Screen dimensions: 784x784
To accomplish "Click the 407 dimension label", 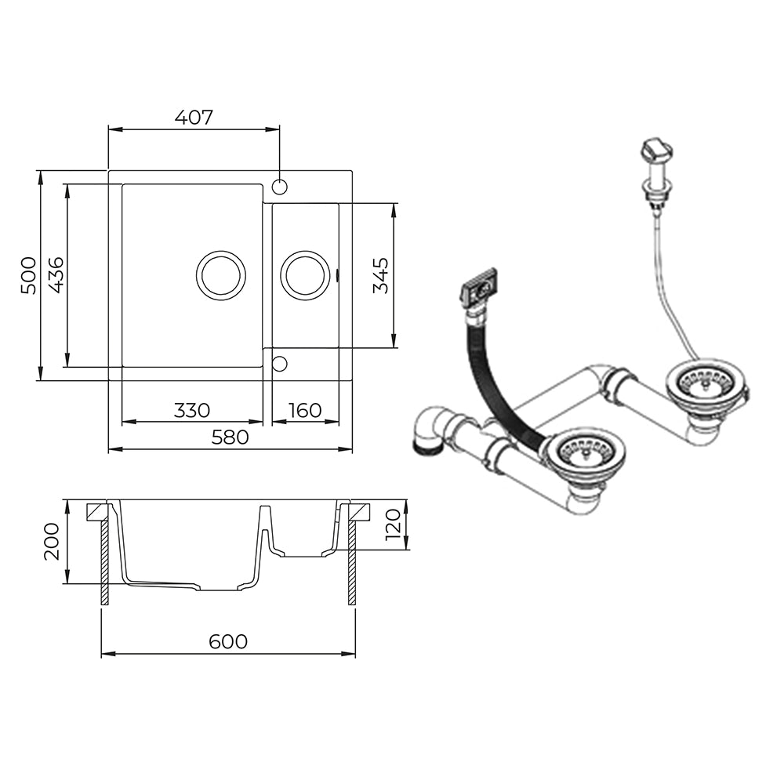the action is [194, 118].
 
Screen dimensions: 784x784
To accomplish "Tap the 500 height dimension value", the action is [28, 275].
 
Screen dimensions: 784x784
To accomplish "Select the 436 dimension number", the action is [56, 275].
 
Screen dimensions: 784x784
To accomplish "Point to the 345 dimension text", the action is [381, 275].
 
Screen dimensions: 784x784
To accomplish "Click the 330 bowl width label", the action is [192, 411].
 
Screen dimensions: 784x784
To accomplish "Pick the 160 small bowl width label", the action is [305, 411].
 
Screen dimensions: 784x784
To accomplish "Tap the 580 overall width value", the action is [230, 437].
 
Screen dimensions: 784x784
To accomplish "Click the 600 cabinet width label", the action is [228, 641].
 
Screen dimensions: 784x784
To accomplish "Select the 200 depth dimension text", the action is [52, 542].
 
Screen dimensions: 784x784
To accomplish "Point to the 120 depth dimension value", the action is [394, 525].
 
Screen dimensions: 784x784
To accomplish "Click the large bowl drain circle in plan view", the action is [221, 252].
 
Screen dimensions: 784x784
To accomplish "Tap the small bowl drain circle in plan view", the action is [305, 252].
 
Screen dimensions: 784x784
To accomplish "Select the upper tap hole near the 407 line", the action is [280, 187].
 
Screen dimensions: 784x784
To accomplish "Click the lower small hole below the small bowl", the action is [279, 364].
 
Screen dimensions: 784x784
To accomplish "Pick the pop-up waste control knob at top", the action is [656, 150].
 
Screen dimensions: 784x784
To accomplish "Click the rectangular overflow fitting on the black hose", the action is [479, 287].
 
